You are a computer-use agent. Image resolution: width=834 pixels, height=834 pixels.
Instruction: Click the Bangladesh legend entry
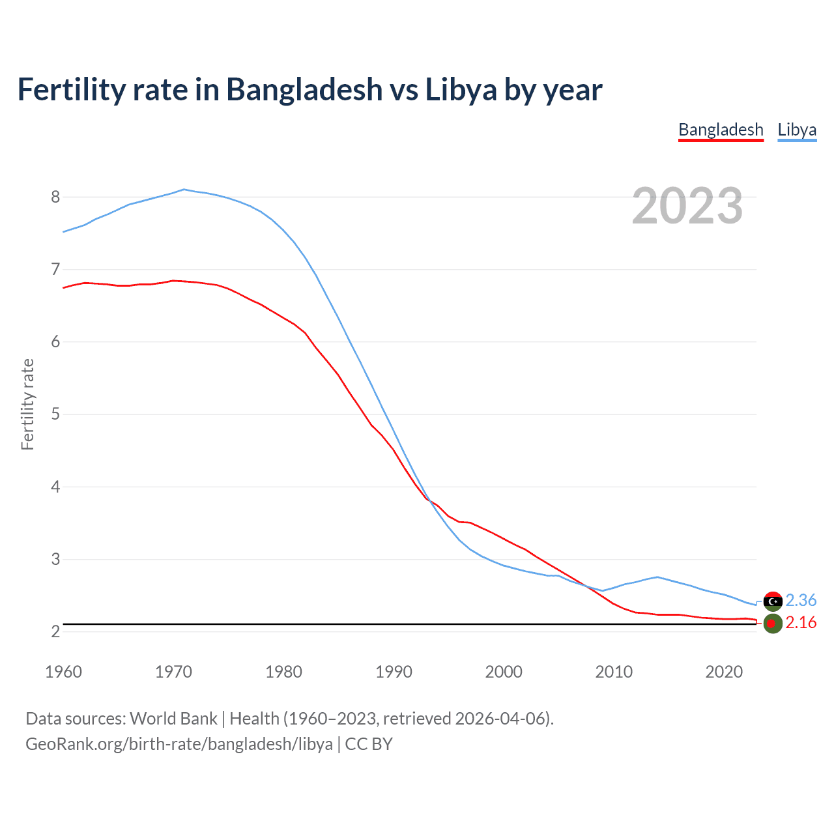pyautogui.click(x=721, y=130)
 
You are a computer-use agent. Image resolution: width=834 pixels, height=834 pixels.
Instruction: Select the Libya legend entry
pyautogui.click(x=797, y=130)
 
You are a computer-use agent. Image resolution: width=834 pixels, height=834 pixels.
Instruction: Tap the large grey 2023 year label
pyautogui.click(x=687, y=206)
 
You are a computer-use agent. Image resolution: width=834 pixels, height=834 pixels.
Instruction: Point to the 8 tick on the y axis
pyautogui.click(x=55, y=197)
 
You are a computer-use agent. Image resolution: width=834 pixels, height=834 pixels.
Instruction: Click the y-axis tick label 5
pyautogui.click(x=55, y=414)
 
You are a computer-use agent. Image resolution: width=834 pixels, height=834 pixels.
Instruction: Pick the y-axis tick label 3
pyautogui.click(x=55, y=559)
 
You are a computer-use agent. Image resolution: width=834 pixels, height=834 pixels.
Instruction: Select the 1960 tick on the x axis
pyautogui.click(x=63, y=672)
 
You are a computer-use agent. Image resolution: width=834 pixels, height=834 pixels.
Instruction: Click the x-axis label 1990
pyautogui.click(x=394, y=672)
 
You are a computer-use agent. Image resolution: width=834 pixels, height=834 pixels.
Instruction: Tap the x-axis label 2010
pyautogui.click(x=614, y=672)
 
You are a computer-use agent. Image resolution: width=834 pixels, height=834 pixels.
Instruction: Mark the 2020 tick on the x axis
pyautogui.click(x=724, y=672)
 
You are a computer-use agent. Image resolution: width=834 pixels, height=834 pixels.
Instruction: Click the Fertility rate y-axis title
pyautogui.click(x=27, y=404)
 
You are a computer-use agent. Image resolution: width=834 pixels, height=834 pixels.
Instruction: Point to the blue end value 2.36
pyautogui.click(x=801, y=600)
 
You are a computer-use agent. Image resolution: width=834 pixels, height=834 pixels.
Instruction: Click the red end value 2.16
pyautogui.click(x=801, y=623)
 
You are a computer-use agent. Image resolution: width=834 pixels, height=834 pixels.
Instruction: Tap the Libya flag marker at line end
pyautogui.click(x=773, y=601)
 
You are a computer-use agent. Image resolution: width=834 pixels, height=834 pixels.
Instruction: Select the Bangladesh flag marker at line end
pyautogui.click(x=772, y=624)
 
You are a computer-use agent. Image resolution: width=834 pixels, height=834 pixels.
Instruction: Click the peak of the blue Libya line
pyautogui.click(x=184, y=190)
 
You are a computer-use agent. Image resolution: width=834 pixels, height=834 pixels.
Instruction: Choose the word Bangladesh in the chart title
pyautogui.click(x=304, y=89)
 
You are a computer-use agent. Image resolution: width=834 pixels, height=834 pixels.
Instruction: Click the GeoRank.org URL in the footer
pyautogui.click(x=179, y=744)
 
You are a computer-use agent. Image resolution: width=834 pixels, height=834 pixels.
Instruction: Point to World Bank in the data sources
pyautogui.click(x=173, y=719)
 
